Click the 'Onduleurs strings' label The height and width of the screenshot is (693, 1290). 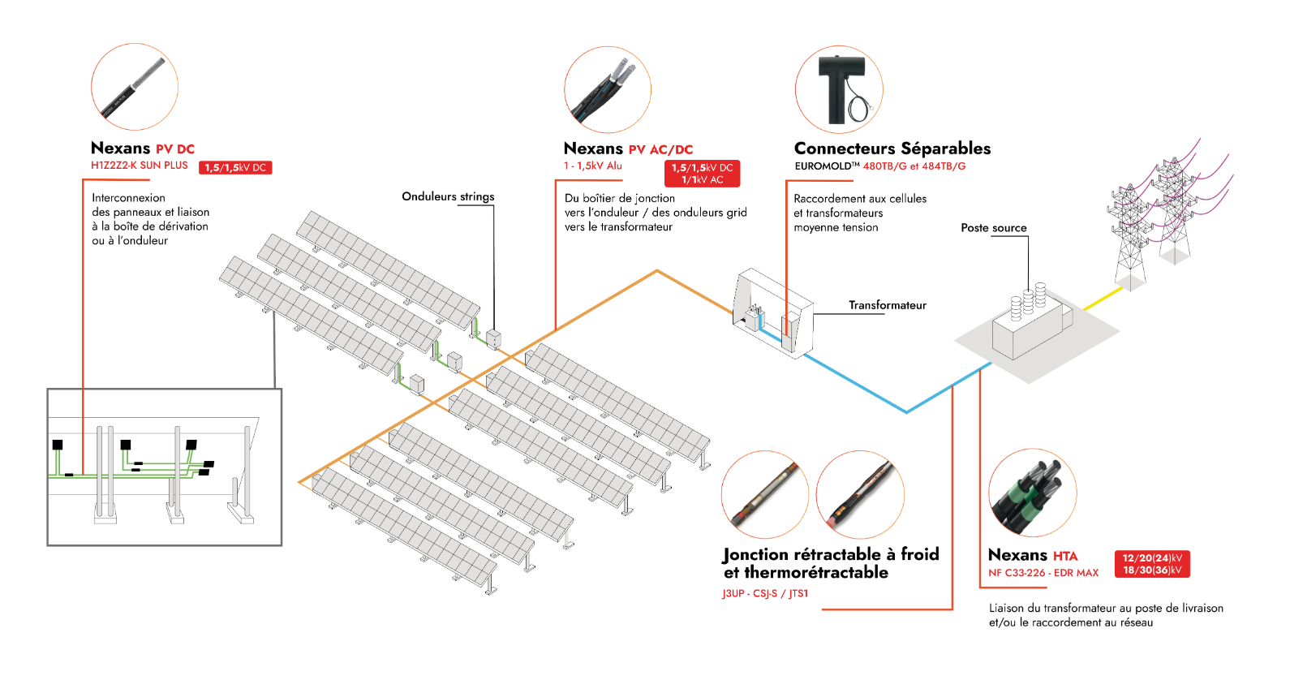(x=448, y=196)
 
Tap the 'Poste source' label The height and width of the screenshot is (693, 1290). (x=993, y=227)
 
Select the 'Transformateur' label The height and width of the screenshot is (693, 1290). (x=888, y=305)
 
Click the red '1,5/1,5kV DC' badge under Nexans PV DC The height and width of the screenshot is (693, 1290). (x=235, y=168)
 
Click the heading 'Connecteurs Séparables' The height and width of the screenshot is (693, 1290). (x=892, y=148)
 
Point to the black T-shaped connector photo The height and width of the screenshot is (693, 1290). (x=839, y=89)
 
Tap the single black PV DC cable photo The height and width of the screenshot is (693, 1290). (x=134, y=86)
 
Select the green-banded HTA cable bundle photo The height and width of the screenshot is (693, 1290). (x=1033, y=493)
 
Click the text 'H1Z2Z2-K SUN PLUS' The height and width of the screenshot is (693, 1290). (x=140, y=166)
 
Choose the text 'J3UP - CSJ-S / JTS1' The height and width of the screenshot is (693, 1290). (x=765, y=593)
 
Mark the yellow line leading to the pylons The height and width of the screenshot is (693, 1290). (x=1103, y=299)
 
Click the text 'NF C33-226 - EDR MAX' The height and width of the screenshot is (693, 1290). (x=1043, y=573)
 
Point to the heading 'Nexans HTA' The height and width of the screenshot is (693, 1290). (x=1033, y=555)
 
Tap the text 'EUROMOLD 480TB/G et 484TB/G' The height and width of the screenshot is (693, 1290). (x=880, y=166)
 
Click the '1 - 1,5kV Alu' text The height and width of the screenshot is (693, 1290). (x=592, y=166)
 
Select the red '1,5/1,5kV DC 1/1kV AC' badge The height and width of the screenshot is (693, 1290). (x=702, y=174)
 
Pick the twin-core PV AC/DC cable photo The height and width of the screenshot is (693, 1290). (x=608, y=90)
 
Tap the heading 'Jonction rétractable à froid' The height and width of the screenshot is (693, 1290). (x=831, y=554)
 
